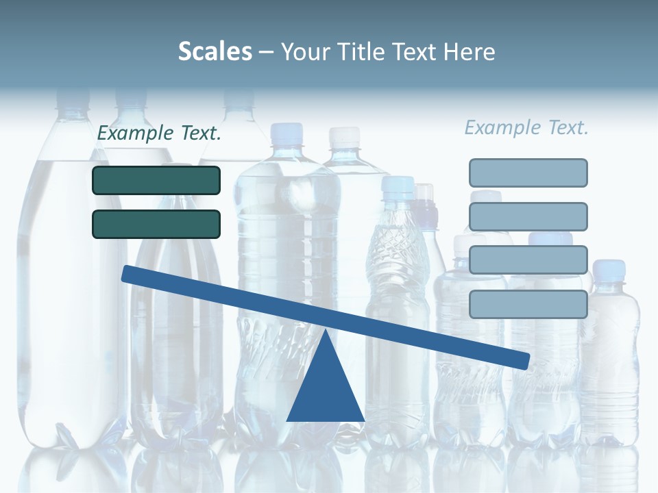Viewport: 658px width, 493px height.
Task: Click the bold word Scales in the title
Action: (x=215, y=51)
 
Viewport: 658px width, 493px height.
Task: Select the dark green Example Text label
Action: (x=159, y=134)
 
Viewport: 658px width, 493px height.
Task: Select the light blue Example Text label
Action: (x=526, y=127)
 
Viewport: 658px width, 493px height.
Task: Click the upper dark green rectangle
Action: (x=156, y=181)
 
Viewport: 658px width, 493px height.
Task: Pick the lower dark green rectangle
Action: (x=156, y=224)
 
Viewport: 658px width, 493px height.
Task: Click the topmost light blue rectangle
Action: (x=528, y=173)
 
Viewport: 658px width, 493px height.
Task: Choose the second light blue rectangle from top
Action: (x=528, y=216)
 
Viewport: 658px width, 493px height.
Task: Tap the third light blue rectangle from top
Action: (x=528, y=260)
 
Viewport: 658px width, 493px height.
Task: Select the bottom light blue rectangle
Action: (x=528, y=304)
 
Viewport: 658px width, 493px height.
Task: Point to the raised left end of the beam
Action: (x=127, y=274)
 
